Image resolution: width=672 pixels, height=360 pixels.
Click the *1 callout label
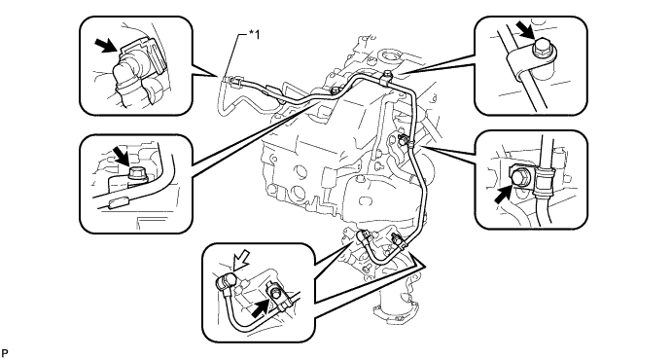point(254,35)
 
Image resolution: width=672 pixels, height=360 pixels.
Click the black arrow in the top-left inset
point(105,45)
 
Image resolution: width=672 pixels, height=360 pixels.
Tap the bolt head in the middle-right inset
point(519,176)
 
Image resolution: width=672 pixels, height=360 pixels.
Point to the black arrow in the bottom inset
point(261,309)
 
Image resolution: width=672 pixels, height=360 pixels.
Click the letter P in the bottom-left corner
point(4,353)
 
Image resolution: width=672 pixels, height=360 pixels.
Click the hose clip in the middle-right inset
point(543,176)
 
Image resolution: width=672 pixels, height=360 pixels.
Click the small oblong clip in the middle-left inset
point(118,203)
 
